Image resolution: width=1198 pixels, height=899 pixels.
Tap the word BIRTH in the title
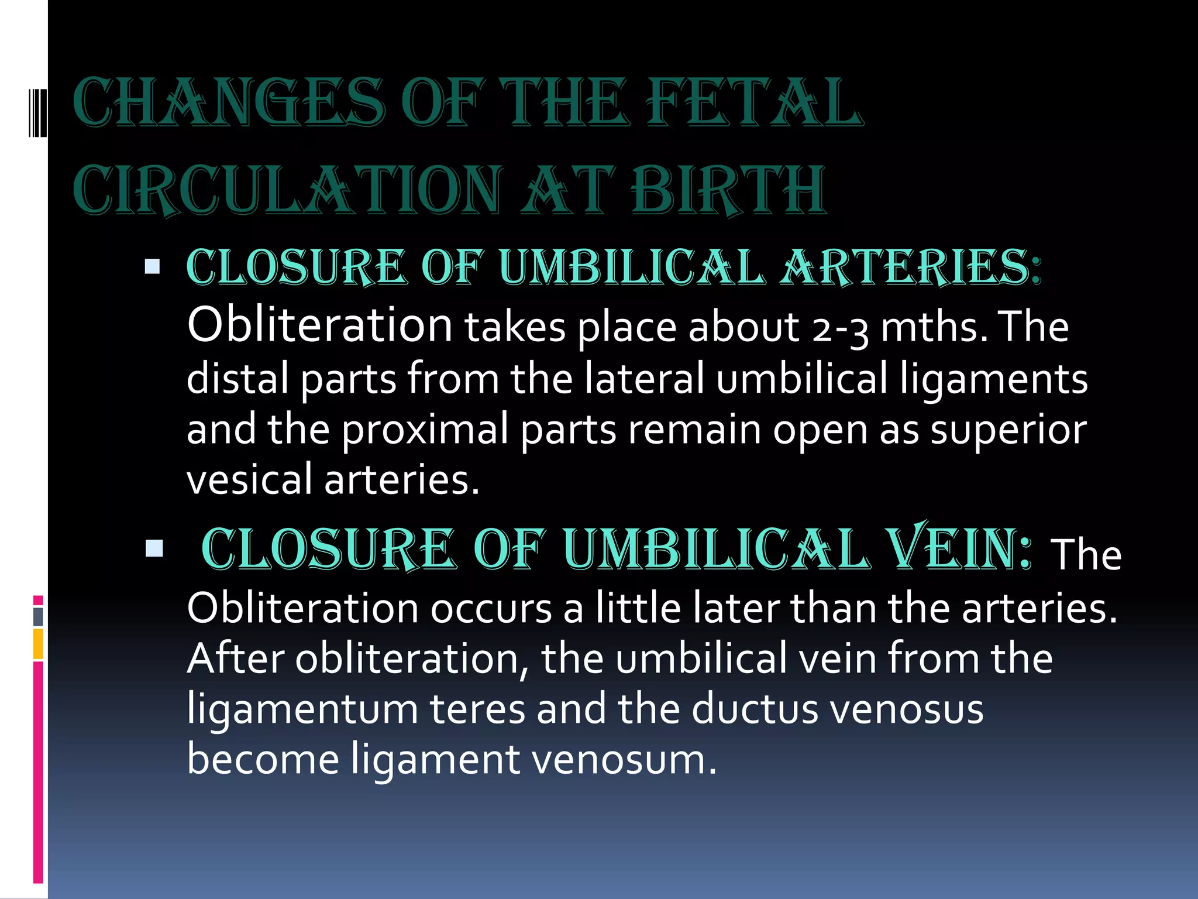click(x=730, y=190)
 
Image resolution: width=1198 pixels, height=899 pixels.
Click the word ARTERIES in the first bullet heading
click(x=910, y=268)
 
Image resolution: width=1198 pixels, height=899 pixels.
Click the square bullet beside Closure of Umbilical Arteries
click(x=152, y=267)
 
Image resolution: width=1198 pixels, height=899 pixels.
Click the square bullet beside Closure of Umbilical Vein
click(x=154, y=548)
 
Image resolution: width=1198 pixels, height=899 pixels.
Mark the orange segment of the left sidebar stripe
click(x=38, y=644)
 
